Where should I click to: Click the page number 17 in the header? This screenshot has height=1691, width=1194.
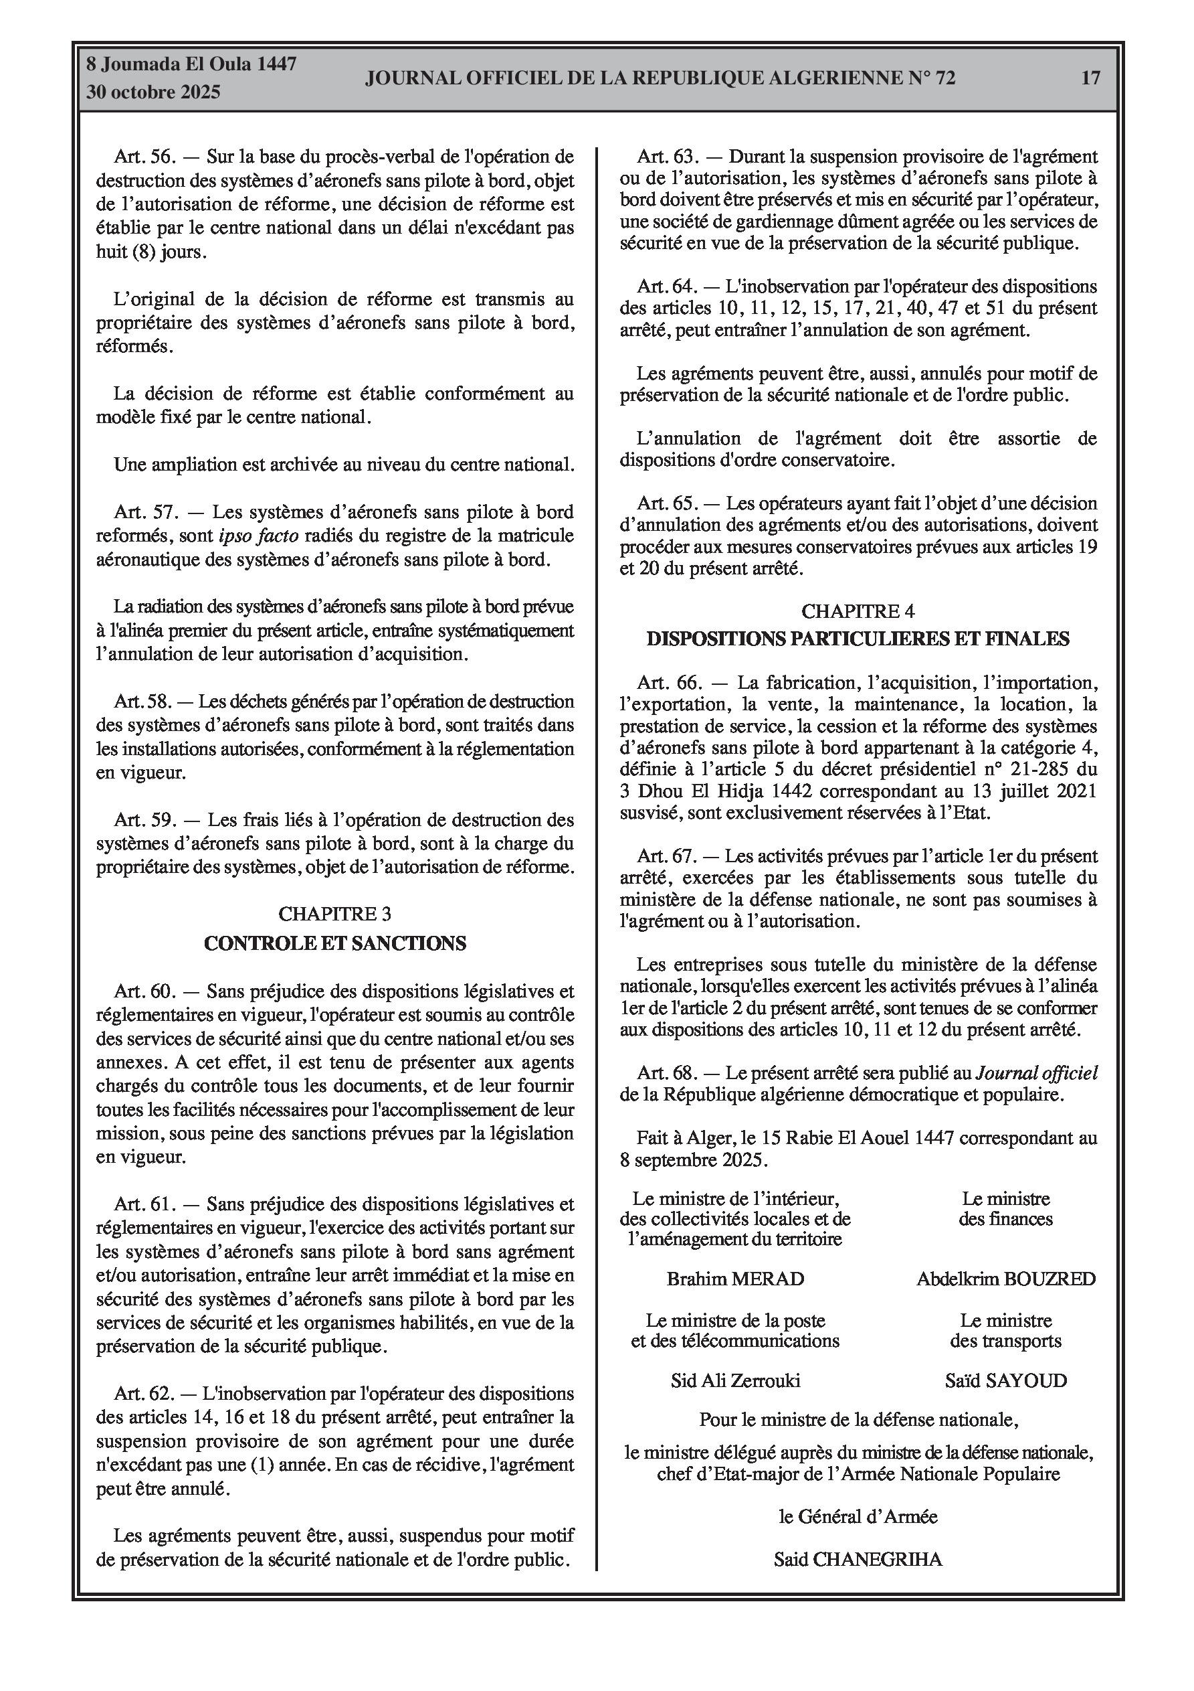pos(1090,78)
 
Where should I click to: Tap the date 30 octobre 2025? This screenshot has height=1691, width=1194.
pos(153,92)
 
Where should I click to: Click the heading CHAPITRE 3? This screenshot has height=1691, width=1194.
pos(334,914)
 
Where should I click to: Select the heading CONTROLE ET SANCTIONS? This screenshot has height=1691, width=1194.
pos(334,943)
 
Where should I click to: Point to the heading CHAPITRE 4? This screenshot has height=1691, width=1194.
pos(858,611)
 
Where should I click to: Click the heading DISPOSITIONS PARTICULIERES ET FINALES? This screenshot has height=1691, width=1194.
pos(858,639)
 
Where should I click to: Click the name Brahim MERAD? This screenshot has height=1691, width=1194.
pos(734,1279)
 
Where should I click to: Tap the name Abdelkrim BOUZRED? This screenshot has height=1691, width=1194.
pos(1005,1279)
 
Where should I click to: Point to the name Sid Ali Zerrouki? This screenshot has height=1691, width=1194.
pos(734,1380)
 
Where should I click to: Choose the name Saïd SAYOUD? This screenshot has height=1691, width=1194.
pos(1005,1380)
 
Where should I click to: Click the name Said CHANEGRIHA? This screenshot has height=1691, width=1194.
pos(858,1559)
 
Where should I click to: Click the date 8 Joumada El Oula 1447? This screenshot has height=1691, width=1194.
pos(191,64)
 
